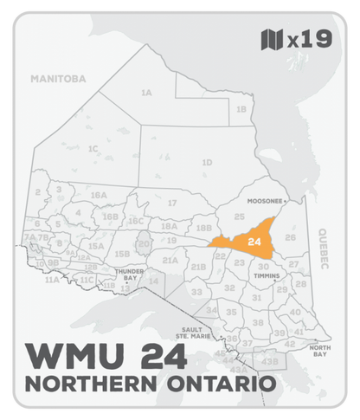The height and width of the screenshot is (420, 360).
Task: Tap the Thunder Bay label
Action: [x=131, y=275]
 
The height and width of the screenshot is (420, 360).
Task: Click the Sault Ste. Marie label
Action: [x=190, y=333]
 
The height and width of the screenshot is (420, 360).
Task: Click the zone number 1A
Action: [x=146, y=93]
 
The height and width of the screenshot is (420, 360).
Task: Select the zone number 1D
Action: [x=206, y=163]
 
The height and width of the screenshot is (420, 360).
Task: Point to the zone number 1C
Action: [x=92, y=149]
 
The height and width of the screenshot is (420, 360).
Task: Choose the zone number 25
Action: [x=240, y=216]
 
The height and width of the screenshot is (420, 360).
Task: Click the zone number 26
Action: [x=291, y=237]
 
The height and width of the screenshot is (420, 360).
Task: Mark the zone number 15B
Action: [x=122, y=253]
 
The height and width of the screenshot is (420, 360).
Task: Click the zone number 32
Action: [x=229, y=288]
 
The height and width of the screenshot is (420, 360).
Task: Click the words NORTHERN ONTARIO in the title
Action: [x=152, y=382]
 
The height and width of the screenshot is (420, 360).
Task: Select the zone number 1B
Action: [x=241, y=109]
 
